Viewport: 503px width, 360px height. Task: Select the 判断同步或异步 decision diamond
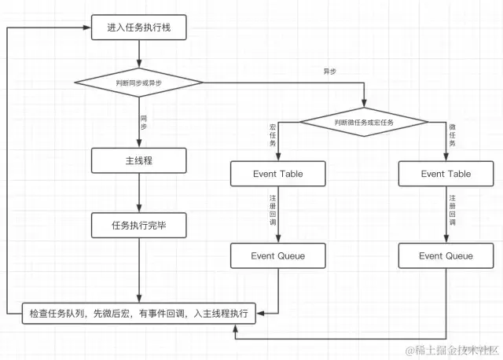point(139,81)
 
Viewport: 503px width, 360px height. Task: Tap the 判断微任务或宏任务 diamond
point(364,123)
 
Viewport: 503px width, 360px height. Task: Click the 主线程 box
point(139,161)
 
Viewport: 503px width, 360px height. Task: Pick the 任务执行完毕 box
point(139,226)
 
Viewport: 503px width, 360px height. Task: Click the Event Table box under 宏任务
point(277,174)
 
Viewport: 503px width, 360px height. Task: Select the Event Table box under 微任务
point(446,174)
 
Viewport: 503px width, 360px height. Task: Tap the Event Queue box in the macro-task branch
point(277,255)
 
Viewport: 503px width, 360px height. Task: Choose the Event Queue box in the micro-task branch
point(446,255)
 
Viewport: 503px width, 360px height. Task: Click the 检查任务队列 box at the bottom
point(138,313)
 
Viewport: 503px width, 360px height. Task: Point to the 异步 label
point(330,72)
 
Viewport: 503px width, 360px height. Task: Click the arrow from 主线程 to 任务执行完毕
point(139,193)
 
